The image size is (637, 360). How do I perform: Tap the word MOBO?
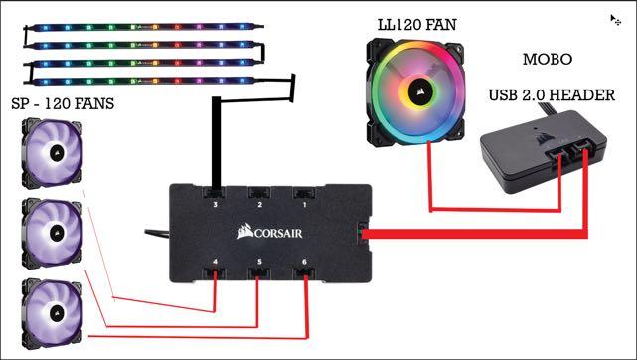pyautogui.click(x=548, y=59)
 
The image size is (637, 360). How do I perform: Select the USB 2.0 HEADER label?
pyautogui.click(x=552, y=96)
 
